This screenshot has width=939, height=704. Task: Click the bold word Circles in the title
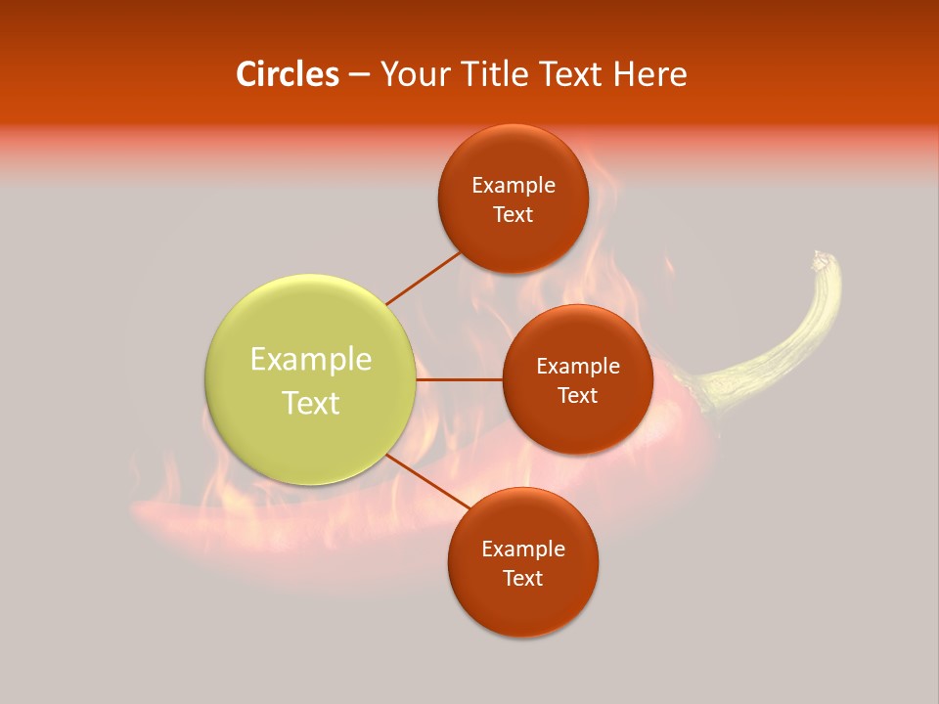(x=288, y=74)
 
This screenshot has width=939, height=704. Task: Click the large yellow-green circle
(x=311, y=379)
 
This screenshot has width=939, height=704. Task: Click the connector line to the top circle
(x=424, y=278)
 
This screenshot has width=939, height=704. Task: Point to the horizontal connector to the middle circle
(x=459, y=379)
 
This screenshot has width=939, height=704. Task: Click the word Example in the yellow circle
(x=311, y=360)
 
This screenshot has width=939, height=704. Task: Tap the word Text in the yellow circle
(x=311, y=403)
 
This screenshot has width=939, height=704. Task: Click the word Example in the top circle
(x=513, y=186)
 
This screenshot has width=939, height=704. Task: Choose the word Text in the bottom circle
(x=522, y=579)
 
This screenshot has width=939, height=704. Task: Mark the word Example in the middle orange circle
(x=577, y=367)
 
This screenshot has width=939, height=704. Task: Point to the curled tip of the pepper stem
(x=820, y=259)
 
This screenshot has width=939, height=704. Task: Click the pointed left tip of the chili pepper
(x=137, y=510)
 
